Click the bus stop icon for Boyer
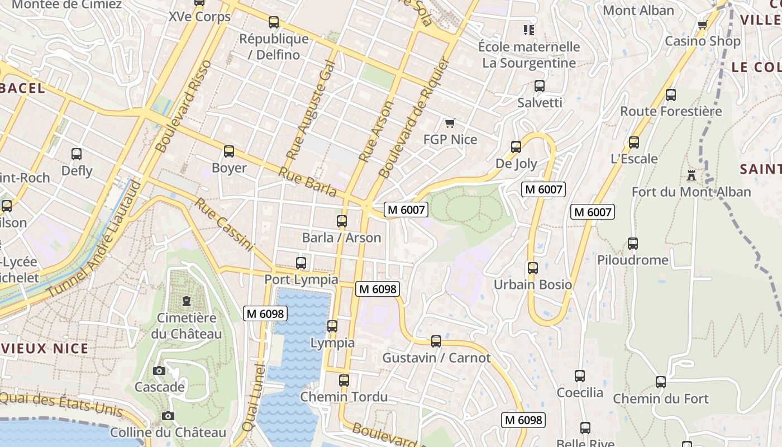point(228,151)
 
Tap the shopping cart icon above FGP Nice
point(450,123)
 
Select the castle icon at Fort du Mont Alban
point(692,175)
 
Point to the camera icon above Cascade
point(159,370)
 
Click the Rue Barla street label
point(308,182)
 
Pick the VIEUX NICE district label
point(45,349)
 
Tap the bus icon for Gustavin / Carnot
point(436,341)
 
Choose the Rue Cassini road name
point(224,224)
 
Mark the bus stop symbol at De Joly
point(516,147)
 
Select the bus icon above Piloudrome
point(632,244)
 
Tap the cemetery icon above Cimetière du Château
point(186,301)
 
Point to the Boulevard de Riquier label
point(414,118)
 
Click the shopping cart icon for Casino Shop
point(702,25)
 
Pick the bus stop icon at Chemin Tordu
point(344,381)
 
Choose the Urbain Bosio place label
point(533,284)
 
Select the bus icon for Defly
point(77,154)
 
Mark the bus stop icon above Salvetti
point(540,86)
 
